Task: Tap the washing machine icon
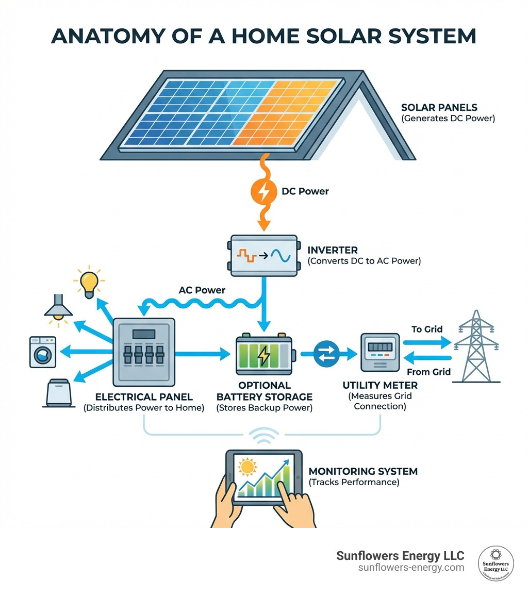pos(43,352)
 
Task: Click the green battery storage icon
pos(264,355)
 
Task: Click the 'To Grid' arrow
pos(426,342)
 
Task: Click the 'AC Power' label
pos(202,290)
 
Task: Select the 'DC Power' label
pos(305,191)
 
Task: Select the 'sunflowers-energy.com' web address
pos(411,568)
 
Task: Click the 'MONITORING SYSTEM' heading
pos(362,471)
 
